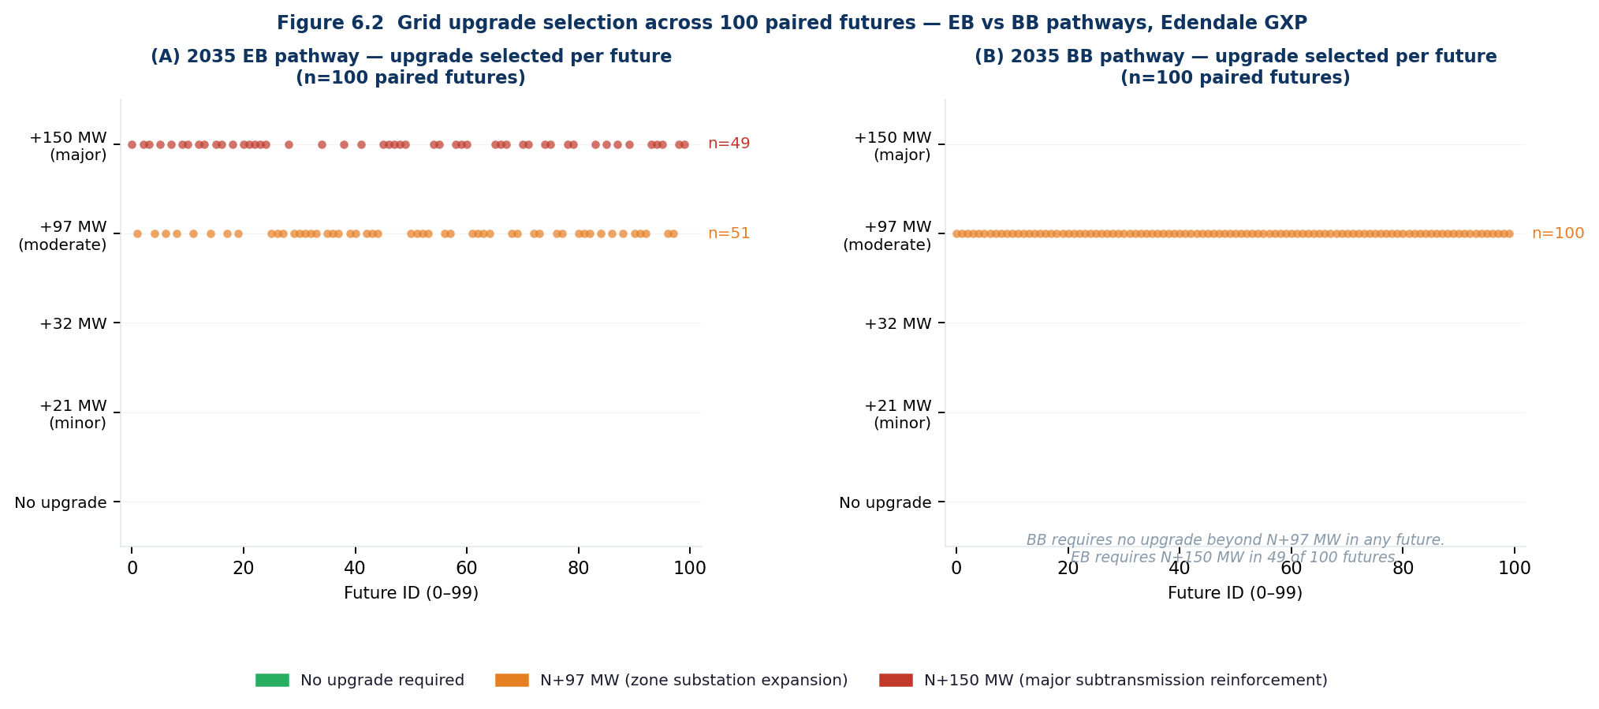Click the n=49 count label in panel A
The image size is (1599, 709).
[729, 144]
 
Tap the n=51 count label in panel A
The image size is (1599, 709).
[729, 233]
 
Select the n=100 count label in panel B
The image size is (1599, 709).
[1558, 233]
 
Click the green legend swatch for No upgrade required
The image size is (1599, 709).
[273, 680]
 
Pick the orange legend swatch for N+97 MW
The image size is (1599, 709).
[512, 680]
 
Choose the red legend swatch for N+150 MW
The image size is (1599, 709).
[896, 680]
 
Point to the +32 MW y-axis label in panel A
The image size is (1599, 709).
[73, 323]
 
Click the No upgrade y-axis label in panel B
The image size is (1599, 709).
[885, 502]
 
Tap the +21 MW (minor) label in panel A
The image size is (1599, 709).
[73, 414]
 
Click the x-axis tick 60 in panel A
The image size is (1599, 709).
[467, 568]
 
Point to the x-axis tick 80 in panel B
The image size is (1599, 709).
[1403, 568]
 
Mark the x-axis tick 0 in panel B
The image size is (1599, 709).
[956, 568]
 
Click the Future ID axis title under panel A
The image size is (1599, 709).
[411, 593]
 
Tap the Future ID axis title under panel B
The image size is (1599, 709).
[1235, 593]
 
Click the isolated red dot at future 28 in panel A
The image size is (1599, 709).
[289, 144]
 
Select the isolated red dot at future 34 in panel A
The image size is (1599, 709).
[322, 144]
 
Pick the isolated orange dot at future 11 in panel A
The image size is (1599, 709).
[193, 233]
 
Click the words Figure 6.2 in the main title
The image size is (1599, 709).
[330, 23]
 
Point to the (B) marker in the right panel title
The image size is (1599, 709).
[988, 57]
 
